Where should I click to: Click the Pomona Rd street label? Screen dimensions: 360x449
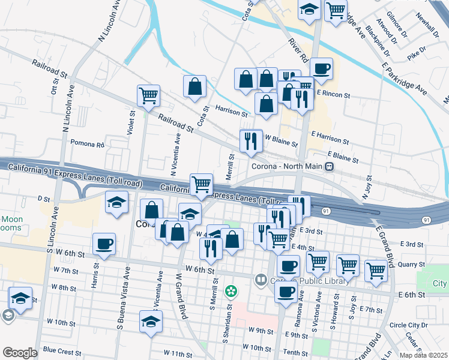tap(88, 144)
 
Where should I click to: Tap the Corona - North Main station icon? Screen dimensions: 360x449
tap(329, 166)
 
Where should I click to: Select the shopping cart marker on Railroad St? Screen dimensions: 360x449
tap(148, 95)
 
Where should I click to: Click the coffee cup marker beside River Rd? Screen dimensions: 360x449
tap(321, 68)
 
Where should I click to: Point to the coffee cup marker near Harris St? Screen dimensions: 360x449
tap(104, 244)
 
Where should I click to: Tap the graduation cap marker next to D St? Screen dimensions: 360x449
tap(116, 203)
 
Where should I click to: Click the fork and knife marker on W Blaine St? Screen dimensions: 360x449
tap(251, 141)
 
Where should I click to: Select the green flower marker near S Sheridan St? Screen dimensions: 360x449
tap(231, 292)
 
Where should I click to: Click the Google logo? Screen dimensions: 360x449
tap(20, 353)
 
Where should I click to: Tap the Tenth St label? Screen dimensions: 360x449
tap(297, 352)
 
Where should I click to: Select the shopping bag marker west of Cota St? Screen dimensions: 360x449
tap(194, 86)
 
